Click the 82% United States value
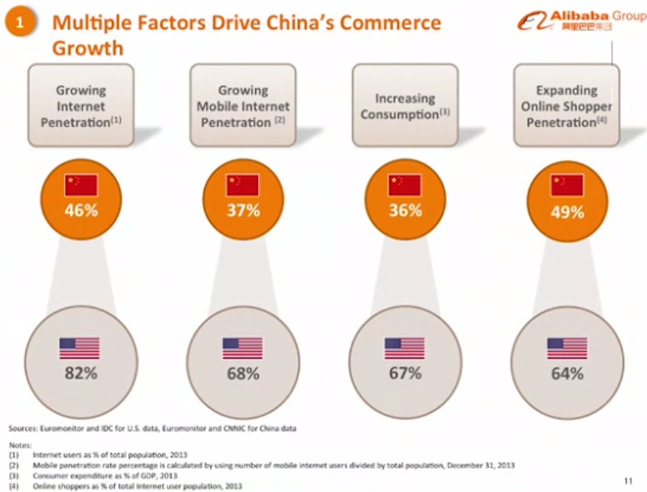(x=79, y=373)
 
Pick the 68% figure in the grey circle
(x=242, y=373)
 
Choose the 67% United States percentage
(x=405, y=373)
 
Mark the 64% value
(x=567, y=373)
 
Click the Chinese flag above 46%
(x=81, y=185)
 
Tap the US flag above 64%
(x=567, y=348)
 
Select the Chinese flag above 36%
(x=405, y=185)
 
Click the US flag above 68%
(x=242, y=348)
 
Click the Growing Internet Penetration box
(x=81, y=105)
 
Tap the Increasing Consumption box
(x=405, y=105)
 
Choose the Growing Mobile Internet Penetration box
(x=243, y=105)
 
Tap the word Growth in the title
(x=88, y=48)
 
